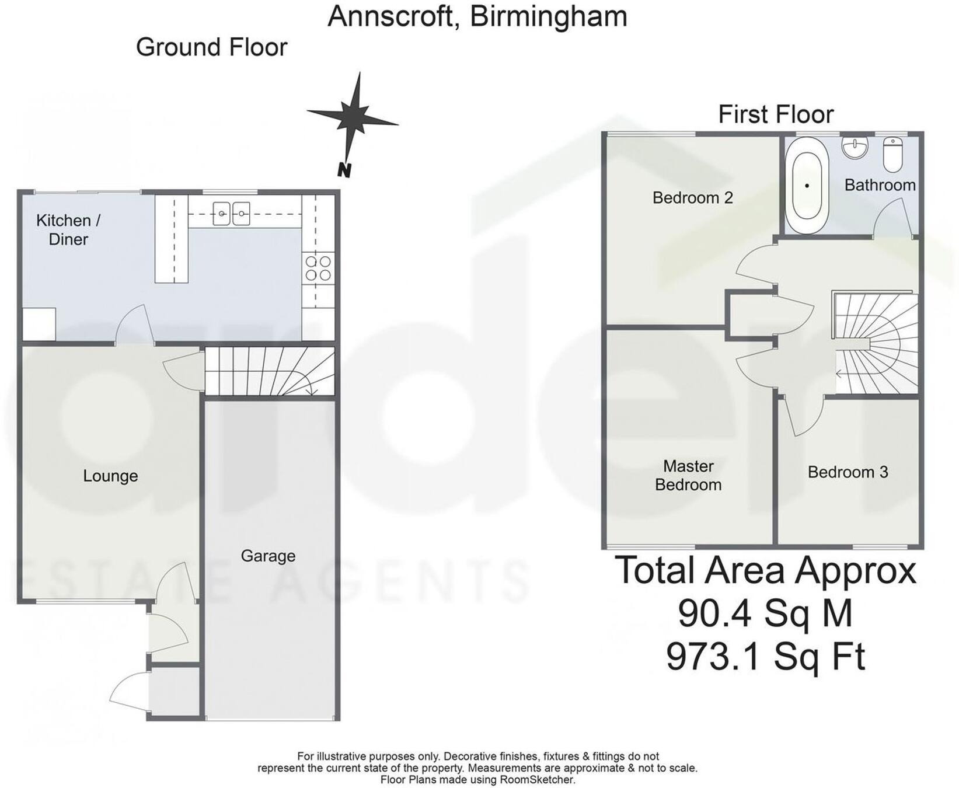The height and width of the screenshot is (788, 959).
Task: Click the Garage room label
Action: coord(268,556)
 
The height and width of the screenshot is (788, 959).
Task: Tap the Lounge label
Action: coord(110,476)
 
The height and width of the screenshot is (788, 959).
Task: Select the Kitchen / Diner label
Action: coord(68,229)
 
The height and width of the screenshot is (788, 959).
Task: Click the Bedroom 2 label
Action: coord(692,198)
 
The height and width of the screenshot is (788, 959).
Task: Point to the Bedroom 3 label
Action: coord(848,472)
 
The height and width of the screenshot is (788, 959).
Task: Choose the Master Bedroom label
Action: coord(688,475)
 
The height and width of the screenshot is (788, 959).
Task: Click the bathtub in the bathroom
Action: coord(807,186)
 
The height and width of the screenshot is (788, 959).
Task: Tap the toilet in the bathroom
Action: coord(892,154)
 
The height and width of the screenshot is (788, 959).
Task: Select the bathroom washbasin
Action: coord(855,148)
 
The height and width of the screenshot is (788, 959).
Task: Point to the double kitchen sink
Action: coord(231,214)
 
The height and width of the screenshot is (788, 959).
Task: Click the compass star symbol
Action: coord(353,117)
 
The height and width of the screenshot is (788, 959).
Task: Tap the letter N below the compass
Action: coord(344,170)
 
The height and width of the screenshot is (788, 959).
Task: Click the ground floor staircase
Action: coord(268,371)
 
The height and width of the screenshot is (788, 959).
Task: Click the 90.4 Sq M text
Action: coord(765,613)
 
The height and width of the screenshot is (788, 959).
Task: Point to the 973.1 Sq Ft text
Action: coord(765,657)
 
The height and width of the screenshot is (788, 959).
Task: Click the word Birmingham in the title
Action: coord(548,16)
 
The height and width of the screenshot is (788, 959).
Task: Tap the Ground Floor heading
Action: coord(211,47)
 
